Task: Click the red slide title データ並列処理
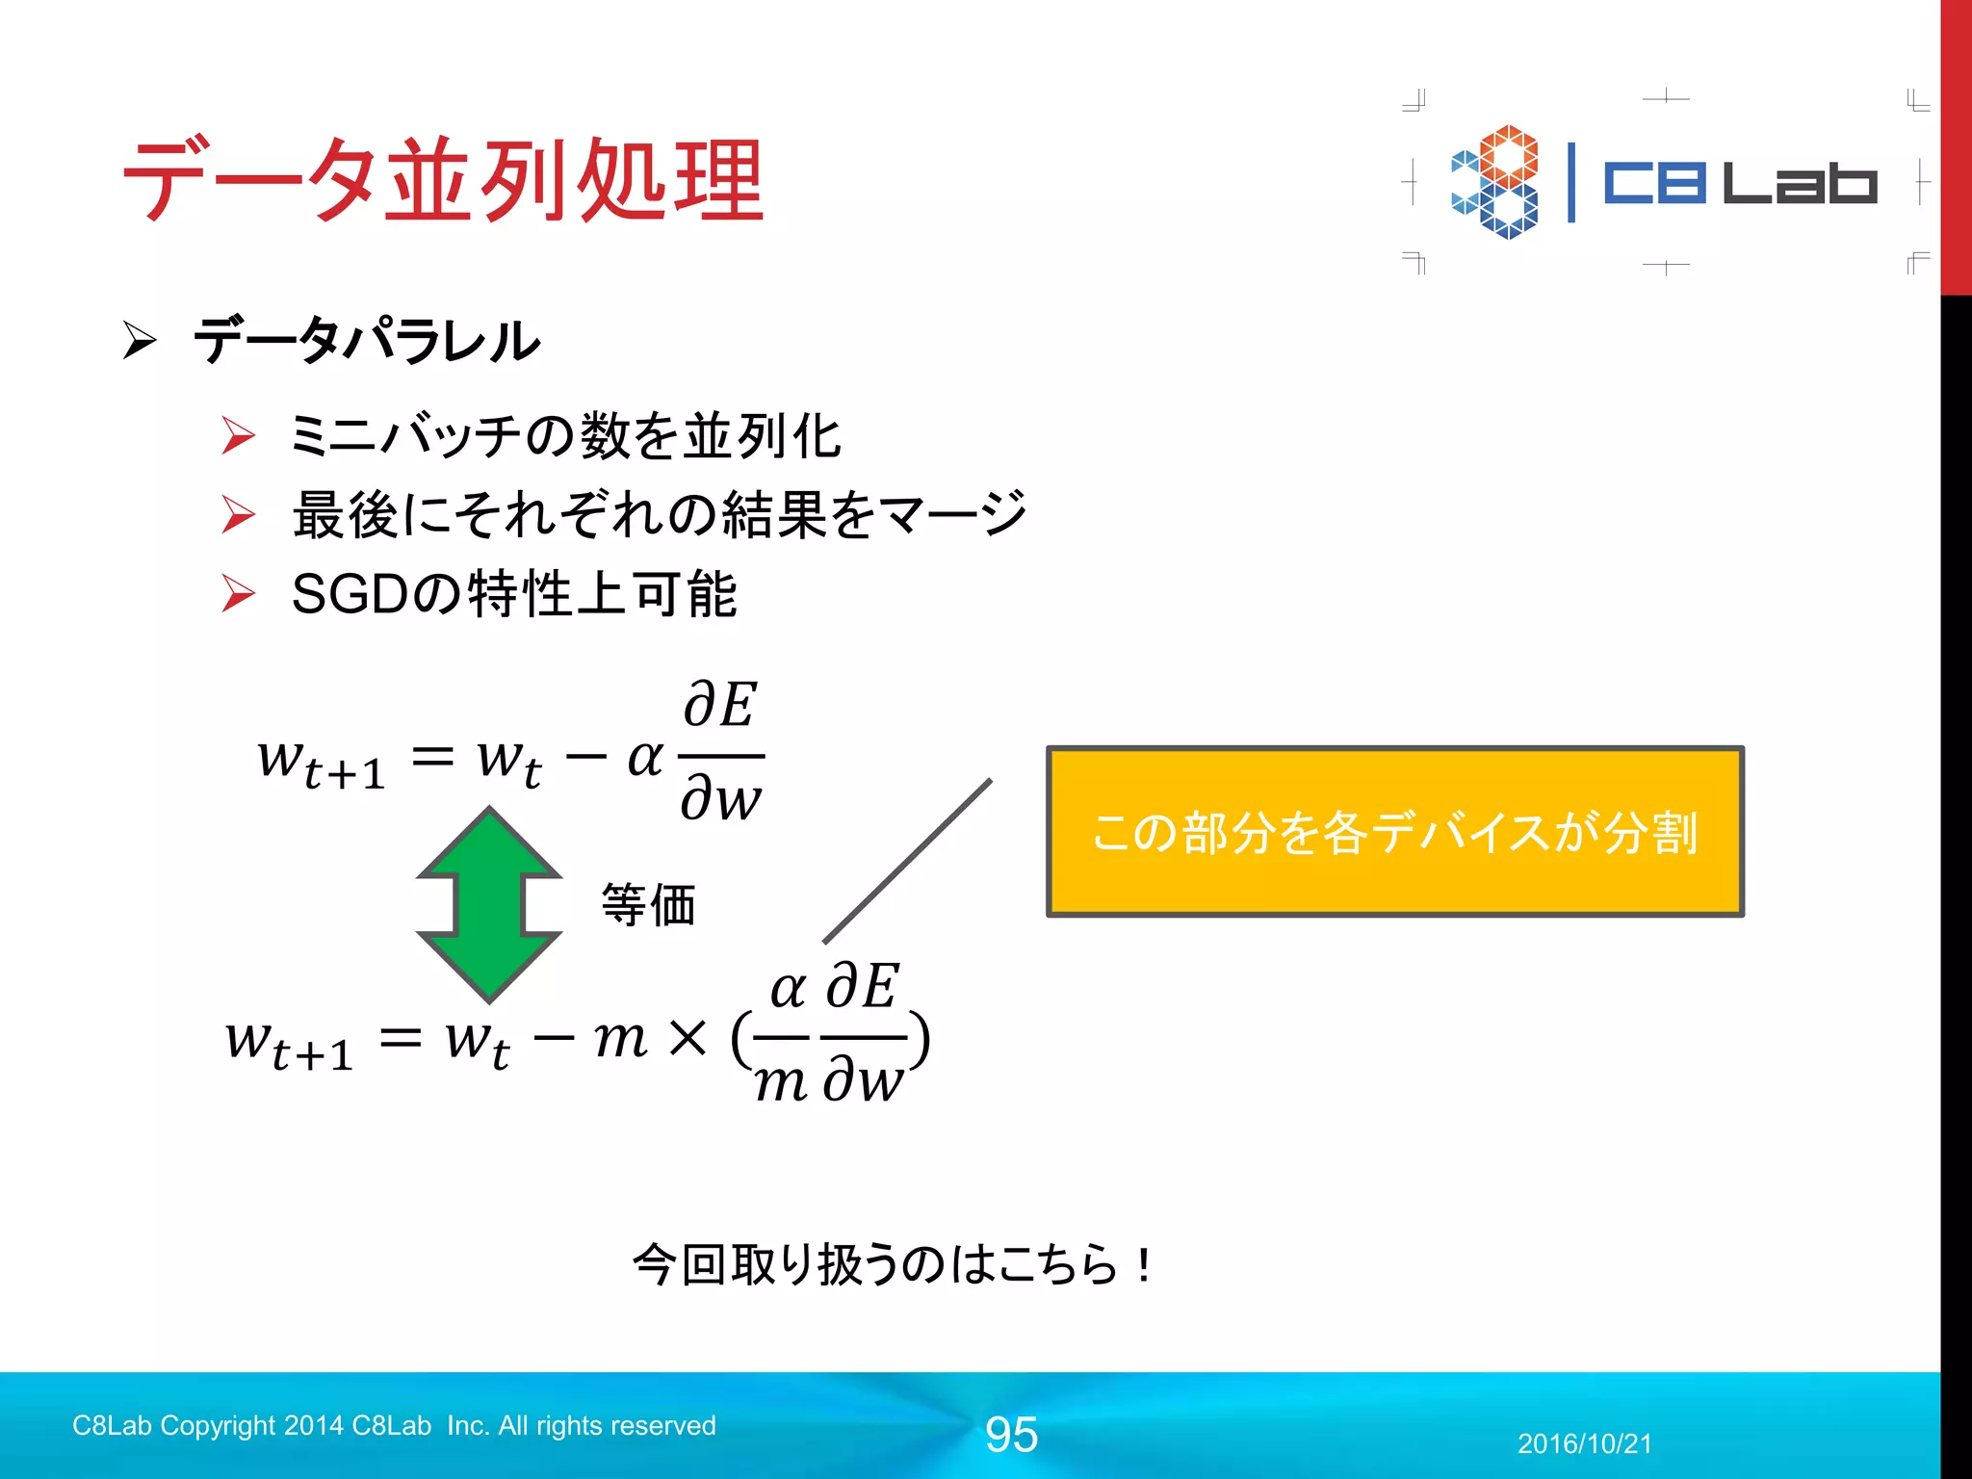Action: point(443,181)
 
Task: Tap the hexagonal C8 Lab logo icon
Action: point(1494,182)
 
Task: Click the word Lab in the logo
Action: point(1799,183)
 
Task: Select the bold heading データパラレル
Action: point(366,341)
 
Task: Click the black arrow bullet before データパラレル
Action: point(140,340)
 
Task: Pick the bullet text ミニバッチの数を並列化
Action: point(565,435)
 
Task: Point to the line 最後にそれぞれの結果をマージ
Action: point(660,514)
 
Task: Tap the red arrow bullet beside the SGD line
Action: point(238,593)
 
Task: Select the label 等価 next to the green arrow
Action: point(648,905)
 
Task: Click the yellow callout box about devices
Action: point(1394,832)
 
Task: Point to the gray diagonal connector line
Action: point(907,861)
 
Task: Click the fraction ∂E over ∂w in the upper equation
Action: point(721,752)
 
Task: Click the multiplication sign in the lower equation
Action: point(687,1038)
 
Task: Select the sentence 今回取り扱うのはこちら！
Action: point(892,1264)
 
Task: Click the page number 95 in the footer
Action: point(1011,1435)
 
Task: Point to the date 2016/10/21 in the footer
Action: point(1584,1443)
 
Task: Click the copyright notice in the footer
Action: point(394,1425)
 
